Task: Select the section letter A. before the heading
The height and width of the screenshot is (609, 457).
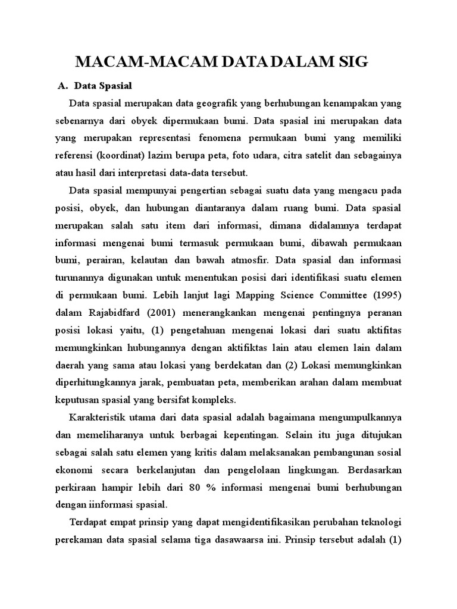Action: pos(62,86)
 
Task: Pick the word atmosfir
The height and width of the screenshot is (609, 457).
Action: pos(241,260)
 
